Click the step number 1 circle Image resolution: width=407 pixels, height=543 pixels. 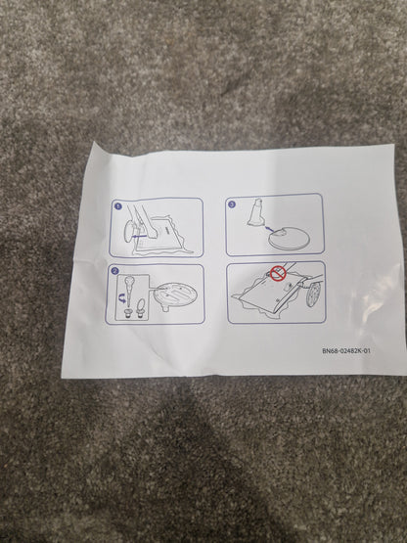click(x=117, y=206)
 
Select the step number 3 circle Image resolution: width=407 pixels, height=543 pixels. click(x=232, y=204)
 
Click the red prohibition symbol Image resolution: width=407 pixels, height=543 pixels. click(x=278, y=273)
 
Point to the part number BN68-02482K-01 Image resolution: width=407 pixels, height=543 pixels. click(x=346, y=351)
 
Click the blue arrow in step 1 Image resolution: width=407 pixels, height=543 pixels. click(x=139, y=236)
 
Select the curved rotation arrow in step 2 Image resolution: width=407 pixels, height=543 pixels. click(x=121, y=298)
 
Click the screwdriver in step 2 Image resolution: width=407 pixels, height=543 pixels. click(x=129, y=291)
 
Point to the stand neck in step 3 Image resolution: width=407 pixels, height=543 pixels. click(x=255, y=213)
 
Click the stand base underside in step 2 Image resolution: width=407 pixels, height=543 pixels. click(x=175, y=294)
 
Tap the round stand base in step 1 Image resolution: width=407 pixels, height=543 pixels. click(x=128, y=231)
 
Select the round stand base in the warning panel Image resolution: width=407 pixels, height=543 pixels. click(x=313, y=294)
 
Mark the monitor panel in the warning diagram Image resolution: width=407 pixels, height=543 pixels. click(x=270, y=292)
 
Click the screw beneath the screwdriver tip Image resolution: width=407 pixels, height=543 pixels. click(x=128, y=313)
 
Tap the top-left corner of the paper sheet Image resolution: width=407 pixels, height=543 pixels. click(x=93, y=142)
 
